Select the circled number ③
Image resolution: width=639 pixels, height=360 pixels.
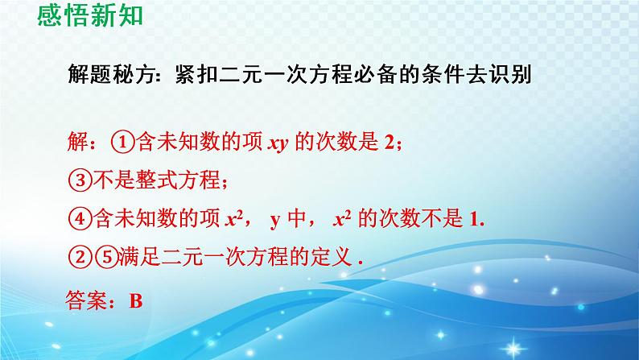click(77, 181)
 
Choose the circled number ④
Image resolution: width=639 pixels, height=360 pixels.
click(77, 219)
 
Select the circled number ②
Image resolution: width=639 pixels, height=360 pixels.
click(77, 258)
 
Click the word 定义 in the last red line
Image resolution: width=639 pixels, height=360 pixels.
click(334, 258)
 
